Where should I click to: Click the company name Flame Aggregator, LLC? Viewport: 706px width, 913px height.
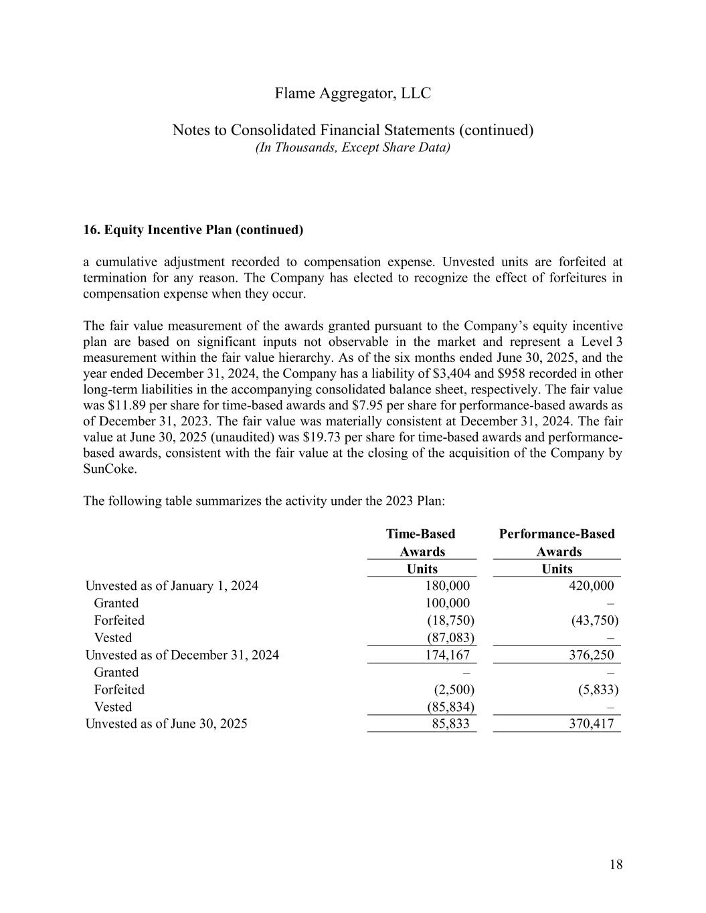coord(353,94)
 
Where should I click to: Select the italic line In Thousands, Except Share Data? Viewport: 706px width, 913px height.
coord(353,147)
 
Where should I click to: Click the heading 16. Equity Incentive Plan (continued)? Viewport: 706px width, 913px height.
coord(193,230)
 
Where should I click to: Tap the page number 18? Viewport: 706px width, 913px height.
coord(616,865)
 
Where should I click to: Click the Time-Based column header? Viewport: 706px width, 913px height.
coord(421,534)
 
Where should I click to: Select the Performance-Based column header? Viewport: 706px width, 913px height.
coord(557,534)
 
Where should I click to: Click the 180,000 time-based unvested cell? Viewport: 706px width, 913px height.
coord(447,586)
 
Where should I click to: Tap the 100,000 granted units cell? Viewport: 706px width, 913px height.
coord(447,603)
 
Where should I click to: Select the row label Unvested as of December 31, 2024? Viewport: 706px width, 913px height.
coord(182,655)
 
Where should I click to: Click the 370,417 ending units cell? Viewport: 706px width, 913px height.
coord(589,724)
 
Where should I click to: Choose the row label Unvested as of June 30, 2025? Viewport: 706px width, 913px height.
coord(166,724)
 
